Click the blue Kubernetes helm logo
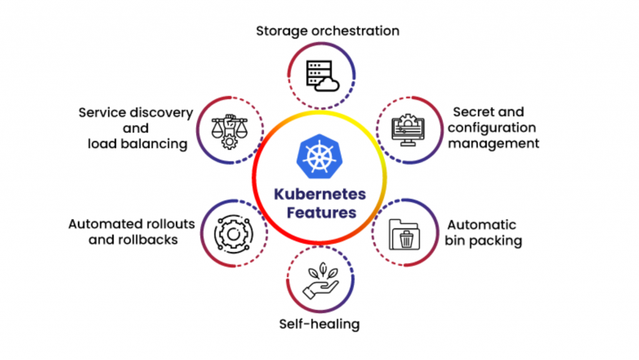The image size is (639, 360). (319, 157)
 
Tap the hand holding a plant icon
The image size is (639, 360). (321, 281)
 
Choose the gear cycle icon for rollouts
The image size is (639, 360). (233, 233)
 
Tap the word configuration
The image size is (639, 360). (492, 128)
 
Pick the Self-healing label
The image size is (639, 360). (319, 324)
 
